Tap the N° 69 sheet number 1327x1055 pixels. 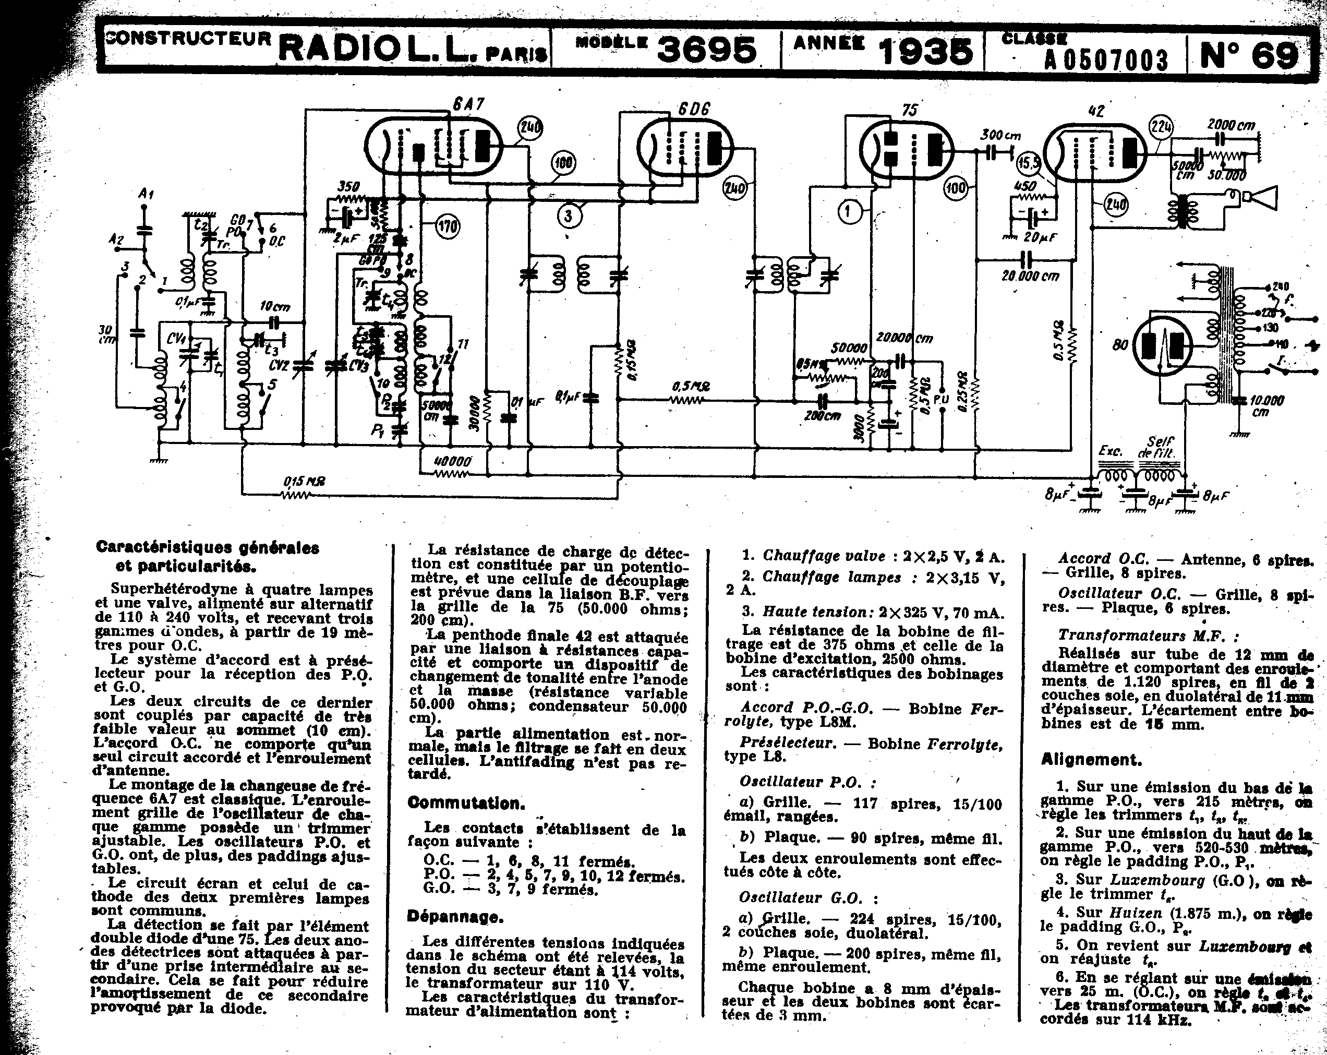(x=1249, y=55)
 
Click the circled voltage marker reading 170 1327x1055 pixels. (x=448, y=227)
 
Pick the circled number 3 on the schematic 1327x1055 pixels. (x=568, y=216)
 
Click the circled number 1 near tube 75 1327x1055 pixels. (x=849, y=212)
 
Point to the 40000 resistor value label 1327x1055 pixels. (x=452, y=461)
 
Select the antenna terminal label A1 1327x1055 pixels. (x=146, y=194)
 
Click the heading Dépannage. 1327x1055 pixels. (x=455, y=917)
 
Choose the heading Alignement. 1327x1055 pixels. (x=1091, y=760)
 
